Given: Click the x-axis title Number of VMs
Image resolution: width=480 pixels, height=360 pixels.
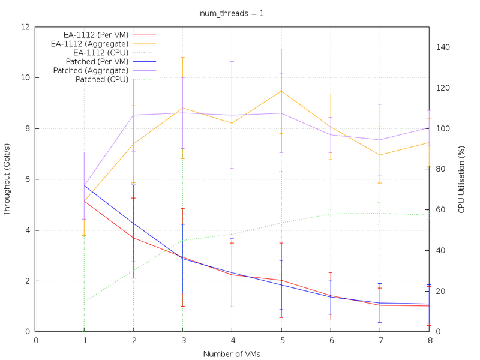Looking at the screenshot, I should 232,354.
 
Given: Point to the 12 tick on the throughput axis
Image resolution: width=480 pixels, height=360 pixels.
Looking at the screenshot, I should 25,27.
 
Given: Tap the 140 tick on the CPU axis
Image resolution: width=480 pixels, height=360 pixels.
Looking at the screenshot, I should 440,47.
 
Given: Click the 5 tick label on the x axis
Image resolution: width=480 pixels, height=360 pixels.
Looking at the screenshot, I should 281,340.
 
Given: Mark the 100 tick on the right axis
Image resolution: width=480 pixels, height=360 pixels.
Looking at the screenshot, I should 440,128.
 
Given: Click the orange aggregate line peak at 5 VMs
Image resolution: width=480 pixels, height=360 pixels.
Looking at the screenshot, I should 281,91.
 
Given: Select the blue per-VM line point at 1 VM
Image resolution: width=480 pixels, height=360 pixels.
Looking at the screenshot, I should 85,185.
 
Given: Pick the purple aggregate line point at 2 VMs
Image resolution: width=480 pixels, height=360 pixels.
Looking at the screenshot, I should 134,115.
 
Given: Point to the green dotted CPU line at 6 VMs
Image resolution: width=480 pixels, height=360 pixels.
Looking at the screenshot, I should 330,214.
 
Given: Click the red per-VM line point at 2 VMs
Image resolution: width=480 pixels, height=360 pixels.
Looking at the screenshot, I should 134,238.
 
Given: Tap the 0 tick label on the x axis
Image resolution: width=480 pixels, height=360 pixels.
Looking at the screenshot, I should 36,340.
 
